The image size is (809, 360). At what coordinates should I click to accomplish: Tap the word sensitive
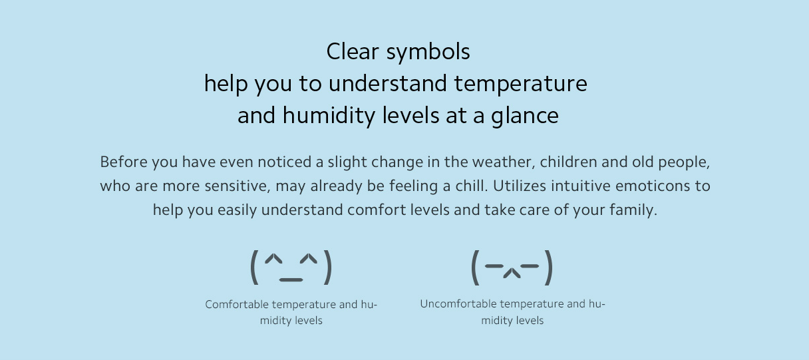point(238,186)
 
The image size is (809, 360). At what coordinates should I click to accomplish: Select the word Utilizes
point(520,186)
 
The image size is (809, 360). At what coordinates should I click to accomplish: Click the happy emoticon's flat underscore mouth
point(291,280)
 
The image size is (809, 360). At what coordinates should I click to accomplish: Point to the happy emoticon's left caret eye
point(273,260)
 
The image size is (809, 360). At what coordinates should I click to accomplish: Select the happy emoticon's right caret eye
point(309,259)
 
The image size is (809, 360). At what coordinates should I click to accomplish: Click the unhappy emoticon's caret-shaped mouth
point(512,273)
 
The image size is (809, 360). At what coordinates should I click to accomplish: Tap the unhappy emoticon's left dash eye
point(494,266)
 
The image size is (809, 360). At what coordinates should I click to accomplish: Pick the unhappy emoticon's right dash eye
point(530,266)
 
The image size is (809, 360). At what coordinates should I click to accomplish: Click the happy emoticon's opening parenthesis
point(254,268)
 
